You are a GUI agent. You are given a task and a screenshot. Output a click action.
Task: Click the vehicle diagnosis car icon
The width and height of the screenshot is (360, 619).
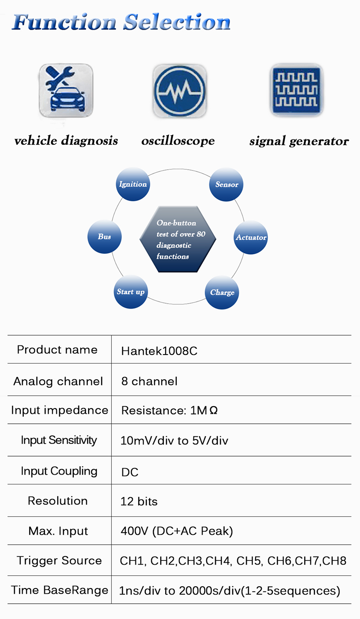[66, 90]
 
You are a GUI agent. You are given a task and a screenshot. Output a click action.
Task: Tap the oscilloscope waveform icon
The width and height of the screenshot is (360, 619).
[180, 90]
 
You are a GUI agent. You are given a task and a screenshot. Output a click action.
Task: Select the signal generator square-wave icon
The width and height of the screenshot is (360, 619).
[297, 90]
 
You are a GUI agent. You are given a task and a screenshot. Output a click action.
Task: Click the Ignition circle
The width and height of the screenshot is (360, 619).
[133, 184]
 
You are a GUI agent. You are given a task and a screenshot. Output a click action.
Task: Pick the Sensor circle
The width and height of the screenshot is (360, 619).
[226, 184]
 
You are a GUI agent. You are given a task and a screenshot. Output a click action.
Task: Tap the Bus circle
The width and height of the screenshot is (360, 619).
[104, 237]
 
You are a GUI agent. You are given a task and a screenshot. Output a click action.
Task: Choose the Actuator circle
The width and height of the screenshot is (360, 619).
[251, 237]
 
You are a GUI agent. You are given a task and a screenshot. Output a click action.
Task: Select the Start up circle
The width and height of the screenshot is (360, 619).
[131, 292]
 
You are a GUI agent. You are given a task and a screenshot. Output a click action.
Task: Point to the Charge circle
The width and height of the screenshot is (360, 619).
[222, 292]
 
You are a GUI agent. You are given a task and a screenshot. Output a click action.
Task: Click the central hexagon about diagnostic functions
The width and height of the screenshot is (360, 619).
[178, 239]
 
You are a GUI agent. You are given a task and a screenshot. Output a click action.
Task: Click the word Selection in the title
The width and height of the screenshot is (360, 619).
[177, 22]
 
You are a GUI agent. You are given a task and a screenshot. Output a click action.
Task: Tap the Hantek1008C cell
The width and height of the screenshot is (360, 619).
[159, 351]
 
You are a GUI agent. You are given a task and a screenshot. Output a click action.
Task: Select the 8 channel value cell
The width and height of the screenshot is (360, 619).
[149, 381]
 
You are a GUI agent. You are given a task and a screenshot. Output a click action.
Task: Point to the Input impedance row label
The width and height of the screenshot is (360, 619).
[59, 410]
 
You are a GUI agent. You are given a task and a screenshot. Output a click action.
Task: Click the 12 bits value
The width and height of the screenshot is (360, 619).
[139, 501]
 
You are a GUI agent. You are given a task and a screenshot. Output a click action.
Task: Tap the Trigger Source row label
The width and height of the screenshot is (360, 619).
[59, 561]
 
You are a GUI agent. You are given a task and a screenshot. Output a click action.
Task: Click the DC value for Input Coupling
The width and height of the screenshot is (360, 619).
[130, 472]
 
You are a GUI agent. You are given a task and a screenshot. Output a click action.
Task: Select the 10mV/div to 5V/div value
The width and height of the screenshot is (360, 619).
[175, 440]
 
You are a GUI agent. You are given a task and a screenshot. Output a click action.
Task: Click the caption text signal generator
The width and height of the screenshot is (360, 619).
[299, 141]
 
